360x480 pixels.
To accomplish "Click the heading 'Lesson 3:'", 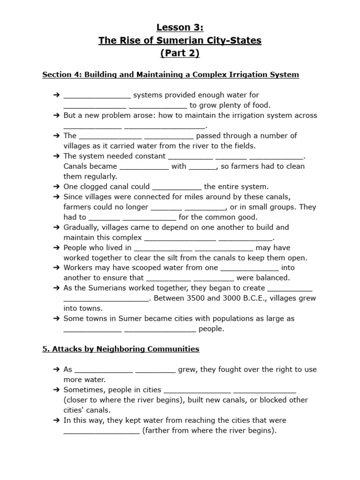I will pos(180,28).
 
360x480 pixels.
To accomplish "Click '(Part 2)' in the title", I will pos(180,53).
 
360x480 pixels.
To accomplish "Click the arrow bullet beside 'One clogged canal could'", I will pos(57,187).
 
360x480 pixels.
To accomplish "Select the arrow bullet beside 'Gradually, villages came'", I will pos(57,227).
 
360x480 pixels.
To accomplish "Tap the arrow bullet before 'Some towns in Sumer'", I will pos(57,319).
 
